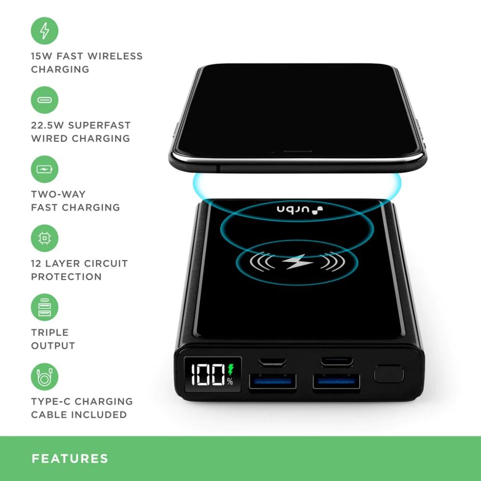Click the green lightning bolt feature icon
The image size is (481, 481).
44,31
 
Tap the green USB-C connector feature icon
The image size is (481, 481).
44,100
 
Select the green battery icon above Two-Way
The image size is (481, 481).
44,169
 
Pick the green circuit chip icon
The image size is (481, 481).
44,238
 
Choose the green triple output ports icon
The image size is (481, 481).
44,307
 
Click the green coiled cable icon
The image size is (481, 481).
44,377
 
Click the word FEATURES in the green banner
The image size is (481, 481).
70,458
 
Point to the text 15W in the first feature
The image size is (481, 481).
41,56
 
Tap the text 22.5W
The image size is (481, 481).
47,125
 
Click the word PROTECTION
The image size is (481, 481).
66,277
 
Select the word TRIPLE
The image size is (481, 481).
50,332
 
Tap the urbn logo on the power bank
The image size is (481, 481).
300,210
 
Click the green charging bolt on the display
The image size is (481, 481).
231,369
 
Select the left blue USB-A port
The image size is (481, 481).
272,381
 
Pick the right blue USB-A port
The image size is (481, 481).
336,381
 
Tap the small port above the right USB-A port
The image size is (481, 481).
337,362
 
